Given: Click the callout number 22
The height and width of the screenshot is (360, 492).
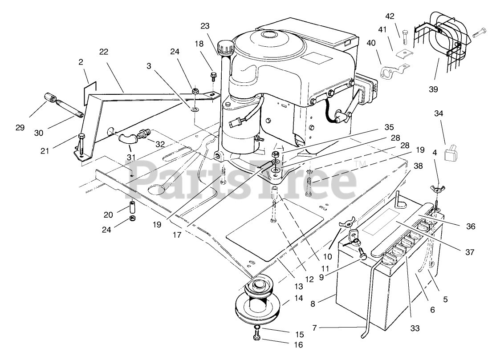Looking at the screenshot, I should [x=103, y=52].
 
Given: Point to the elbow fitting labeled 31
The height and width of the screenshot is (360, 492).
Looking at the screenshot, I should [x=126, y=139].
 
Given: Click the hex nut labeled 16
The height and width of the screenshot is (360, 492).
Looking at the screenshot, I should [x=257, y=338].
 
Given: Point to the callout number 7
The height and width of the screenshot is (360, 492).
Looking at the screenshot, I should [x=315, y=328].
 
